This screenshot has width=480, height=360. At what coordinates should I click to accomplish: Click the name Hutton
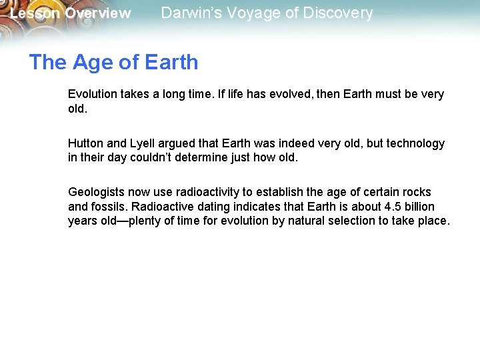(86, 143)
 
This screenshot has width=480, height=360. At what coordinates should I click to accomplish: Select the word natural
(309, 221)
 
